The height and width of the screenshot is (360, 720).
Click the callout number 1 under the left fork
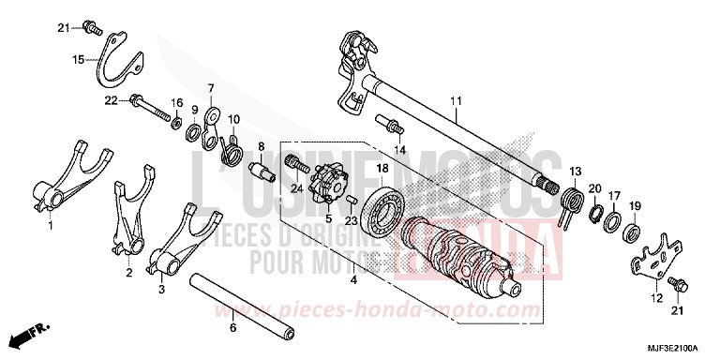(50, 225)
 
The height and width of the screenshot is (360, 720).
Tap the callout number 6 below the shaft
(233, 328)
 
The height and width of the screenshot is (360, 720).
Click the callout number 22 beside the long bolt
(110, 100)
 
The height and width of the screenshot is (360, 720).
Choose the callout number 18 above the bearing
(382, 168)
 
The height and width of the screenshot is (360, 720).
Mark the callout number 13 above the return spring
(575, 171)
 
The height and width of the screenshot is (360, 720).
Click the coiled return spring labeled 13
(569, 203)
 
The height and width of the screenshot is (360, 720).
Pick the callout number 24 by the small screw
(296, 188)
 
